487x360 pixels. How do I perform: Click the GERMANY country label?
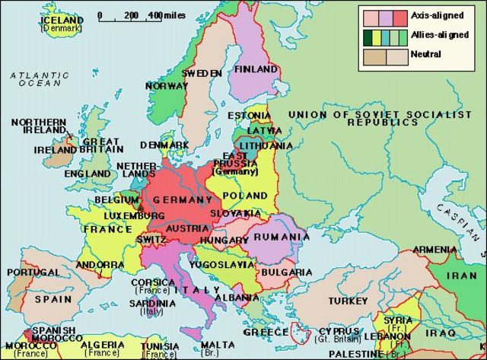point(183,199)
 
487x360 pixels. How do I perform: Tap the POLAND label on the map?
point(244,196)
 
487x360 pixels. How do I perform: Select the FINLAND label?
point(256,69)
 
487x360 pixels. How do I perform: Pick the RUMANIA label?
point(282,237)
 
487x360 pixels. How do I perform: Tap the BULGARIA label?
point(286,272)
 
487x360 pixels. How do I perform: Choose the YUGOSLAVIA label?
point(228,265)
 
